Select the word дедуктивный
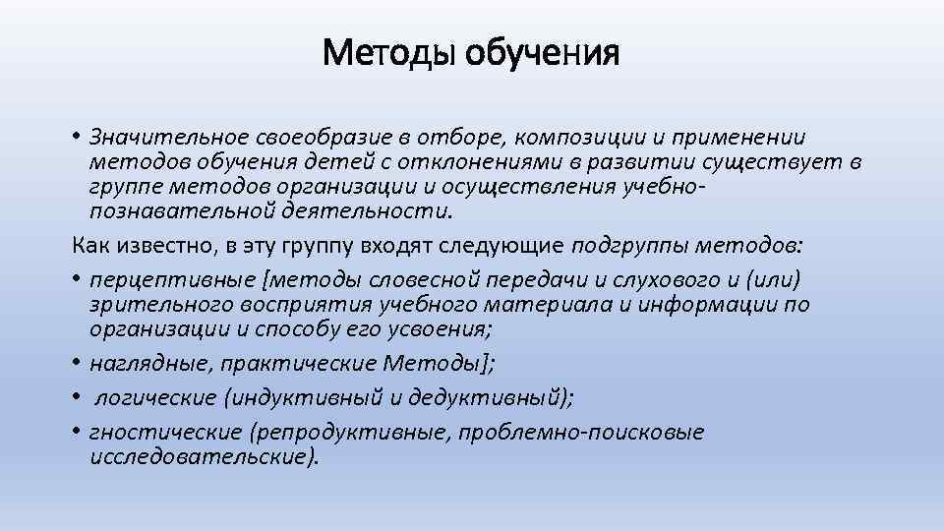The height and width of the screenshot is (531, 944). [508, 398]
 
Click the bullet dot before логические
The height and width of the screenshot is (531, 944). [77, 399]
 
